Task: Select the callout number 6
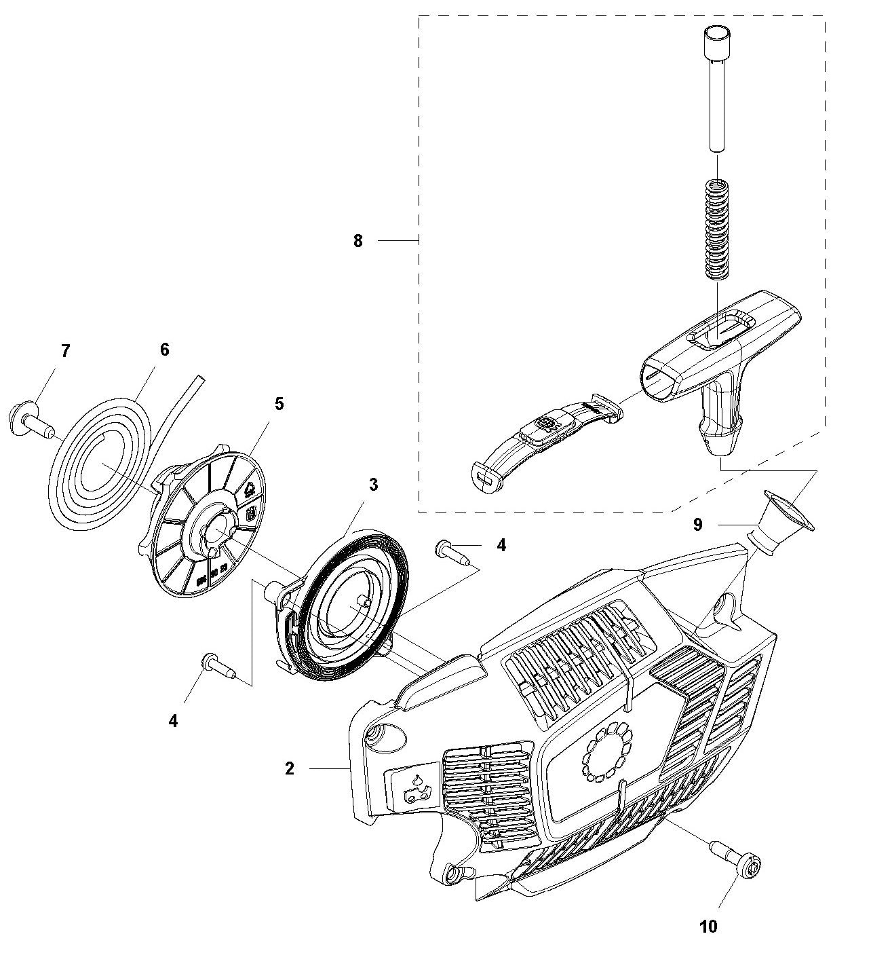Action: pyautogui.click(x=164, y=350)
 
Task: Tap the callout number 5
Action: pyautogui.click(x=279, y=404)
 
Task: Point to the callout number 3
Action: pyautogui.click(x=373, y=485)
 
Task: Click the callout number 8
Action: pyautogui.click(x=358, y=241)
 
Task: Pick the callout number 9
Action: pyautogui.click(x=698, y=525)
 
